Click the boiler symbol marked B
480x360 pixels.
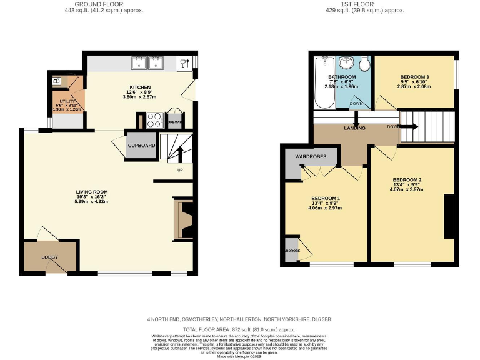coord(56,81)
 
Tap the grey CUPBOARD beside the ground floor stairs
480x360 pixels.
coord(141,145)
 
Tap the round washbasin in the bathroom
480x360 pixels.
coord(346,63)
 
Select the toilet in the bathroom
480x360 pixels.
coord(364,63)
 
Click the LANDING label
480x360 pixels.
coord(355,128)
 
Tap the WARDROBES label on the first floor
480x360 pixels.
coord(311,156)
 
